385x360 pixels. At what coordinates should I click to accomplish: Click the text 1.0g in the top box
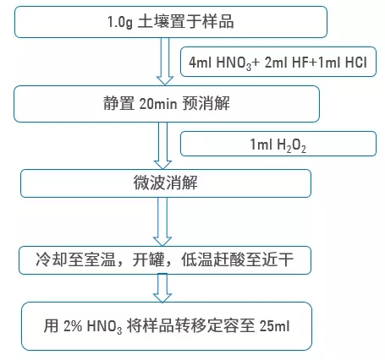(x=120, y=22)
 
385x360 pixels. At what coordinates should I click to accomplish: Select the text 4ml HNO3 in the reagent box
(x=220, y=63)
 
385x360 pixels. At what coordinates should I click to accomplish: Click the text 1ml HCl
(x=342, y=62)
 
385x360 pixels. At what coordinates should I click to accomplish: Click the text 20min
(x=158, y=104)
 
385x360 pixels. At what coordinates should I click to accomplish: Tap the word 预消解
(x=206, y=103)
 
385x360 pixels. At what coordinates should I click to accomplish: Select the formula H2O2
(x=292, y=145)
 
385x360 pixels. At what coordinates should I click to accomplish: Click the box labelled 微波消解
(x=166, y=183)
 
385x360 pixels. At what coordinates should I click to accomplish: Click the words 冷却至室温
(x=75, y=259)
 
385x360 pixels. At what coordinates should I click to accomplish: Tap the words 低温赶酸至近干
(x=237, y=259)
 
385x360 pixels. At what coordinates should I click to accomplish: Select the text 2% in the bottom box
(x=73, y=326)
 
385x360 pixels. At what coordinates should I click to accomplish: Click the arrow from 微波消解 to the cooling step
(x=162, y=221)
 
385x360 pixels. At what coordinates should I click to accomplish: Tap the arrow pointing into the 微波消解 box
(x=162, y=145)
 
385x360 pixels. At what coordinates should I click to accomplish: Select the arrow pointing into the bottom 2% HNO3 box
(x=162, y=288)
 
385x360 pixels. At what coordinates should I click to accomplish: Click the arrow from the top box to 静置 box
(x=165, y=62)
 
